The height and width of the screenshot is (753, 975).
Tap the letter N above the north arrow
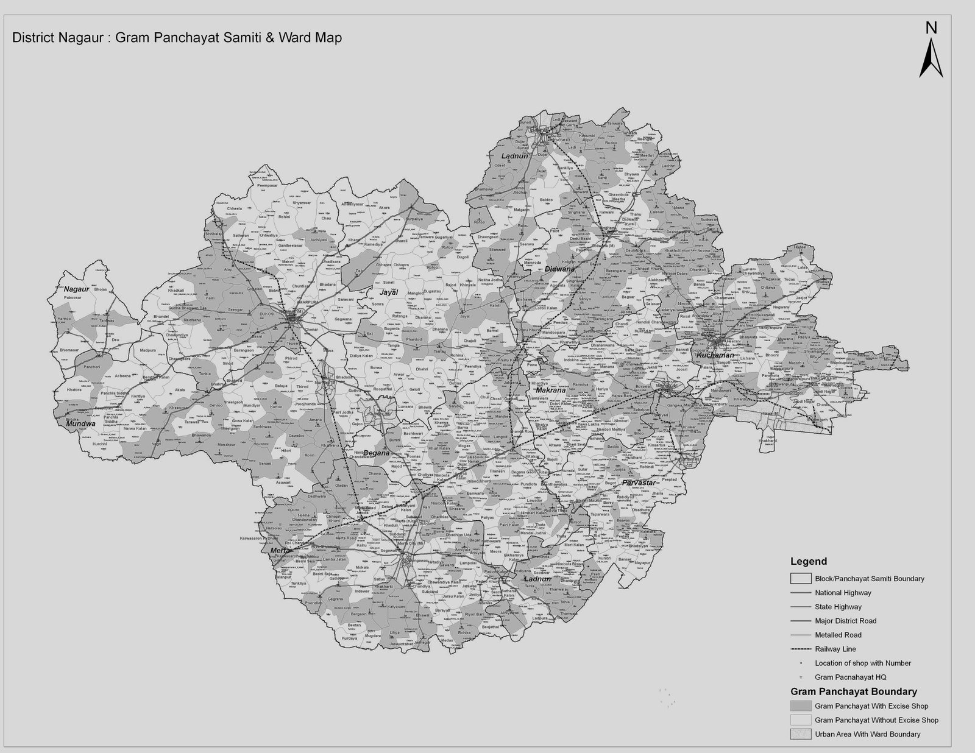click(931, 27)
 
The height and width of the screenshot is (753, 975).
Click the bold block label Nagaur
click(76, 289)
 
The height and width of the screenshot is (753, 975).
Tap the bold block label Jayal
click(389, 292)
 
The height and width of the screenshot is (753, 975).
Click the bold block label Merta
click(280, 551)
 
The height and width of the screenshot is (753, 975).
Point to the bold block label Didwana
click(560, 269)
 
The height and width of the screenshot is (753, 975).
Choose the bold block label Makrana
click(551, 390)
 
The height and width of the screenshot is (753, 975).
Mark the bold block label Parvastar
click(638, 483)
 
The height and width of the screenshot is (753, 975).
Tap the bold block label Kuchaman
click(715, 355)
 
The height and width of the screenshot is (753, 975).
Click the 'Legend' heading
click(809, 562)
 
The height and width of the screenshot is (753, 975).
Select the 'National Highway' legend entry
click(843, 593)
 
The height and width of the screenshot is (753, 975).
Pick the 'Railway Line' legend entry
click(835, 649)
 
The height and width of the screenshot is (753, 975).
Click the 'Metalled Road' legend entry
click(838, 635)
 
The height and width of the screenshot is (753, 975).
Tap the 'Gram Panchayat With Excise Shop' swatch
click(800, 706)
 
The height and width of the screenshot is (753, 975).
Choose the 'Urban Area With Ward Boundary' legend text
click(867, 734)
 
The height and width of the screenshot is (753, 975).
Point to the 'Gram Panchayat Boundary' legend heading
click(853, 692)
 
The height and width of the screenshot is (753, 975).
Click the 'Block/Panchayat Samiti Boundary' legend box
click(800, 579)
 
